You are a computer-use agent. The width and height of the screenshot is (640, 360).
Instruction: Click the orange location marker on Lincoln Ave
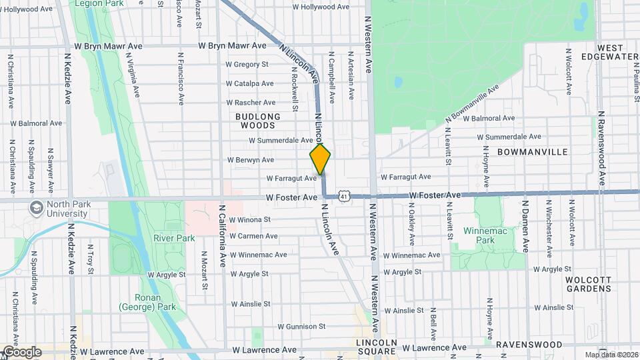pos(321,159)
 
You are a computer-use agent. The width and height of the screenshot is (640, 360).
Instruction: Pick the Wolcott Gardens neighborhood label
pos(588,284)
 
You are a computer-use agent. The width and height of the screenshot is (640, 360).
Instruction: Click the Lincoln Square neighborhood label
pos(375,346)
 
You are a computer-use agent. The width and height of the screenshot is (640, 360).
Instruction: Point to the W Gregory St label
pos(247,65)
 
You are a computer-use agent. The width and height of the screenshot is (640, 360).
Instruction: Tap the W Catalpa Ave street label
pos(249,84)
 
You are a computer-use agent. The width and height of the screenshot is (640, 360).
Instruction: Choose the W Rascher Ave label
pos(251,103)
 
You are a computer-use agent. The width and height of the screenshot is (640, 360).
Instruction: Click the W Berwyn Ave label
pos(250,160)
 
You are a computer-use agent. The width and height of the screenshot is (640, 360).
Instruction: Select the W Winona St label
pos(249,219)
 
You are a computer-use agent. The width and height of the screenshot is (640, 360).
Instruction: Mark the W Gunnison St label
pos(301,327)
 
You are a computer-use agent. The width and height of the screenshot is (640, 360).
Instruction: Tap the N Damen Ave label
pos(525,227)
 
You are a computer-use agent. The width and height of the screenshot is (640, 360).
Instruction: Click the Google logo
pos(21,351)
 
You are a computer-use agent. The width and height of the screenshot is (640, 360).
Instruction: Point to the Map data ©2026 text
pos(610,354)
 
